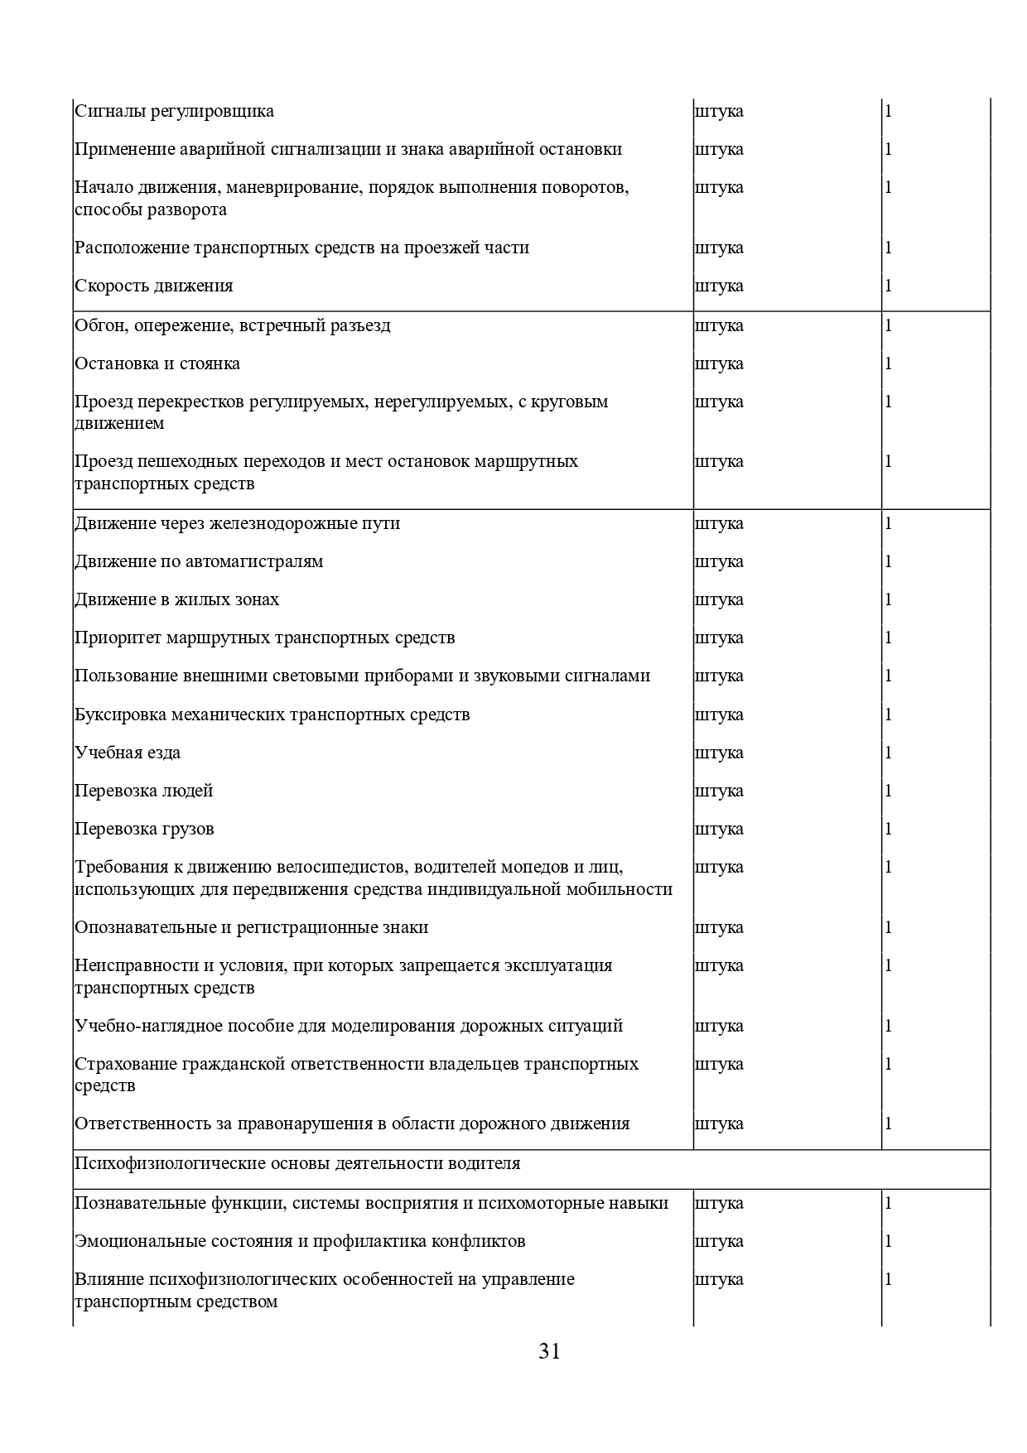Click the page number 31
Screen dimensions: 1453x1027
point(549,1351)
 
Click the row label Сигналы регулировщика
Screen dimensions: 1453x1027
point(174,111)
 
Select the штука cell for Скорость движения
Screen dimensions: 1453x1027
point(719,286)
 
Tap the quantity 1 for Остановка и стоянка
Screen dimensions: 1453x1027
point(889,363)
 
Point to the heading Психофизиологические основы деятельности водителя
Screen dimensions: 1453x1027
point(297,1163)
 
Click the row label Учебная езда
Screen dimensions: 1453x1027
point(128,753)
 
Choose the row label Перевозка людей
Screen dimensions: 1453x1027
point(143,791)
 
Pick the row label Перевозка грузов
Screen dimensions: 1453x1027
point(144,829)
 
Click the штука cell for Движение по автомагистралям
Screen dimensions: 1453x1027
point(719,561)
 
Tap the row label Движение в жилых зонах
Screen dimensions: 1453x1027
point(176,599)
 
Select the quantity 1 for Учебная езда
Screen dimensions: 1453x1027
point(889,753)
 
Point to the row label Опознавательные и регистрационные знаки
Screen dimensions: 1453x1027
point(251,927)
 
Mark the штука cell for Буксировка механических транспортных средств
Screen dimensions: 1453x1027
point(719,714)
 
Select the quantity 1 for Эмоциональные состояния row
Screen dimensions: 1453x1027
point(889,1241)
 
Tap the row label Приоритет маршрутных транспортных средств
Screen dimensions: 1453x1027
point(264,637)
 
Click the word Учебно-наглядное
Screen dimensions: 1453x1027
point(141,1026)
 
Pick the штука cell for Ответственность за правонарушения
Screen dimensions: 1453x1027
point(719,1123)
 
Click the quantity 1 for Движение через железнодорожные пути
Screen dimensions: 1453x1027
point(889,523)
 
